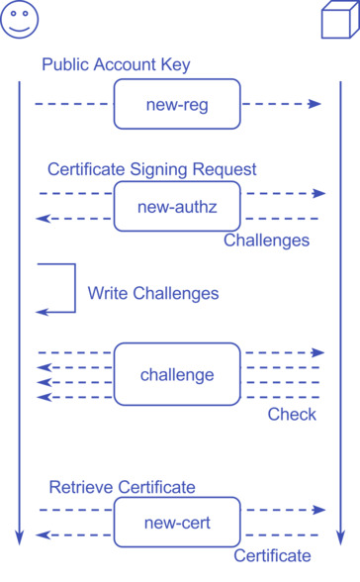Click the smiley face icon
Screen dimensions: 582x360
point(19,20)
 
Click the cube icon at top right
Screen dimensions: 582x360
point(339,20)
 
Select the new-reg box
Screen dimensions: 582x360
point(177,103)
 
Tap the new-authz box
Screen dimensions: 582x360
point(177,206)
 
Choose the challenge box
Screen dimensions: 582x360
point(177,374)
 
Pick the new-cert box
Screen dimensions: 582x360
point(177,523)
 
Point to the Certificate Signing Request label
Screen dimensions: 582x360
point(151,169)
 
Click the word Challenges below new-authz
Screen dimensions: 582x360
point(266,241)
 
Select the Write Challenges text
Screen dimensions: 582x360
point(152,294)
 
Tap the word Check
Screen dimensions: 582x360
point(292,415)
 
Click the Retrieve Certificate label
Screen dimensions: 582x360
point(122,487)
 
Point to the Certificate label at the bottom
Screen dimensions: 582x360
point(272,556)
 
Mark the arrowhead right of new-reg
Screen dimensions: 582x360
point(315,103)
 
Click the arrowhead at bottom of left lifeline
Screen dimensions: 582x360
point(19,538)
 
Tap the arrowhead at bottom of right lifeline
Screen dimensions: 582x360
point(339,538)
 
